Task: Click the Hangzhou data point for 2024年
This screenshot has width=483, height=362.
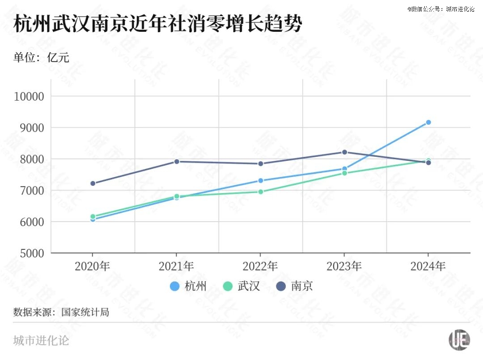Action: point(428,122)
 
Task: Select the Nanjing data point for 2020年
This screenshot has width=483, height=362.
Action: point(93,183)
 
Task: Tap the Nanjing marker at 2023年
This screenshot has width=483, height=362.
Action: point(344,152)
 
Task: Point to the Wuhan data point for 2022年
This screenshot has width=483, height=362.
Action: point(260,192)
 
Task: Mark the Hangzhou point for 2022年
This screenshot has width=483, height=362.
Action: point(260,181)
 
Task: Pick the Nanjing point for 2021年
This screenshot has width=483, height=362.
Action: point(177,161)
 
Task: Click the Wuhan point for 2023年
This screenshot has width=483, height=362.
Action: point(344,173)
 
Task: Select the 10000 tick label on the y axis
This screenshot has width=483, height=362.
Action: point(29,97)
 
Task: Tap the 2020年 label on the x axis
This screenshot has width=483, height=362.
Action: point(93,266)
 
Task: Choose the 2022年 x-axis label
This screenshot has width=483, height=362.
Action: point(260,266)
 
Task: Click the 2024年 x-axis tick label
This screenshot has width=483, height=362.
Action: point(428,266)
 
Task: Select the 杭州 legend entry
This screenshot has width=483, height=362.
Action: point(188,286)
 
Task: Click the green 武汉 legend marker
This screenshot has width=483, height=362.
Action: point(228,286)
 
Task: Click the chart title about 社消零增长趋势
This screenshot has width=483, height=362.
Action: point(157,24)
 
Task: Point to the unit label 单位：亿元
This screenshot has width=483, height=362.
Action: point(41,57)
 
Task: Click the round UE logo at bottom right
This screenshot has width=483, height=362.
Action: point(459,340)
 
